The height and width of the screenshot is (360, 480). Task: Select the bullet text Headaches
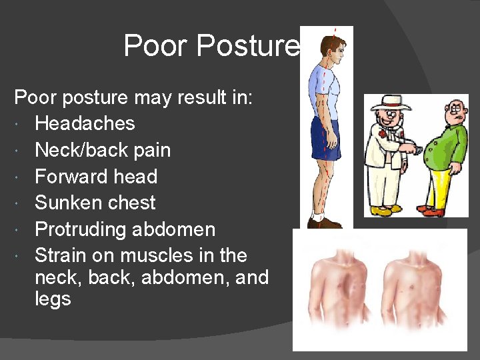pos(85,123)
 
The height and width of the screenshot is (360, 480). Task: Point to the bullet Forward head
pos(96,177)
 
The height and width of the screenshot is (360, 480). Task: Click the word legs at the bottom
pos(53,299)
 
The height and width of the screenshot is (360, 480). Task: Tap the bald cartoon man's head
pos(457,111)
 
